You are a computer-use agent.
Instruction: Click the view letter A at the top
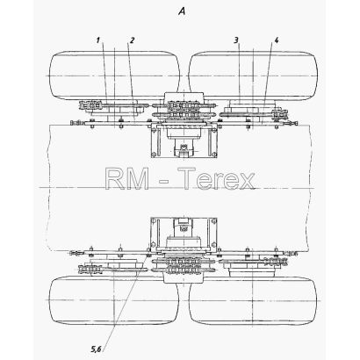[x=182, y=11]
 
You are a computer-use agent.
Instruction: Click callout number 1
[x=98, y=40]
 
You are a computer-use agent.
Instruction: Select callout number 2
[x=132, y=40]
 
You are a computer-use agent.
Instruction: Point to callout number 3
[x=236, y=40]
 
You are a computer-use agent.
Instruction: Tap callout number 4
[x=276, y=40]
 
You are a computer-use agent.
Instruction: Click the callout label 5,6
[x=96, y=349]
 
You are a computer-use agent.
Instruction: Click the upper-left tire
[x=114, y=76]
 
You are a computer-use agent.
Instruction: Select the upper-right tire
[x=253, y=76]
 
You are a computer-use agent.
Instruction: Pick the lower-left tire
[x=113, y=300]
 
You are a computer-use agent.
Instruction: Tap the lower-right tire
[x=253, y=300]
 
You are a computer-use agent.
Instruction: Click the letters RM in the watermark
[x=127, y=178]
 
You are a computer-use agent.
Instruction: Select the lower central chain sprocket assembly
[x=184, y=265]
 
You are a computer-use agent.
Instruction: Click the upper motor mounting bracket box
[x=184, y=140]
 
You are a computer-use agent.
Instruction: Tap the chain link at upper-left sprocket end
[x=90, y=105]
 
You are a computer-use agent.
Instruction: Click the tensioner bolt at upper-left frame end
[x=76, y=123]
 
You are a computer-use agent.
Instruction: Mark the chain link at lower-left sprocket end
[x=90, y=268]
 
